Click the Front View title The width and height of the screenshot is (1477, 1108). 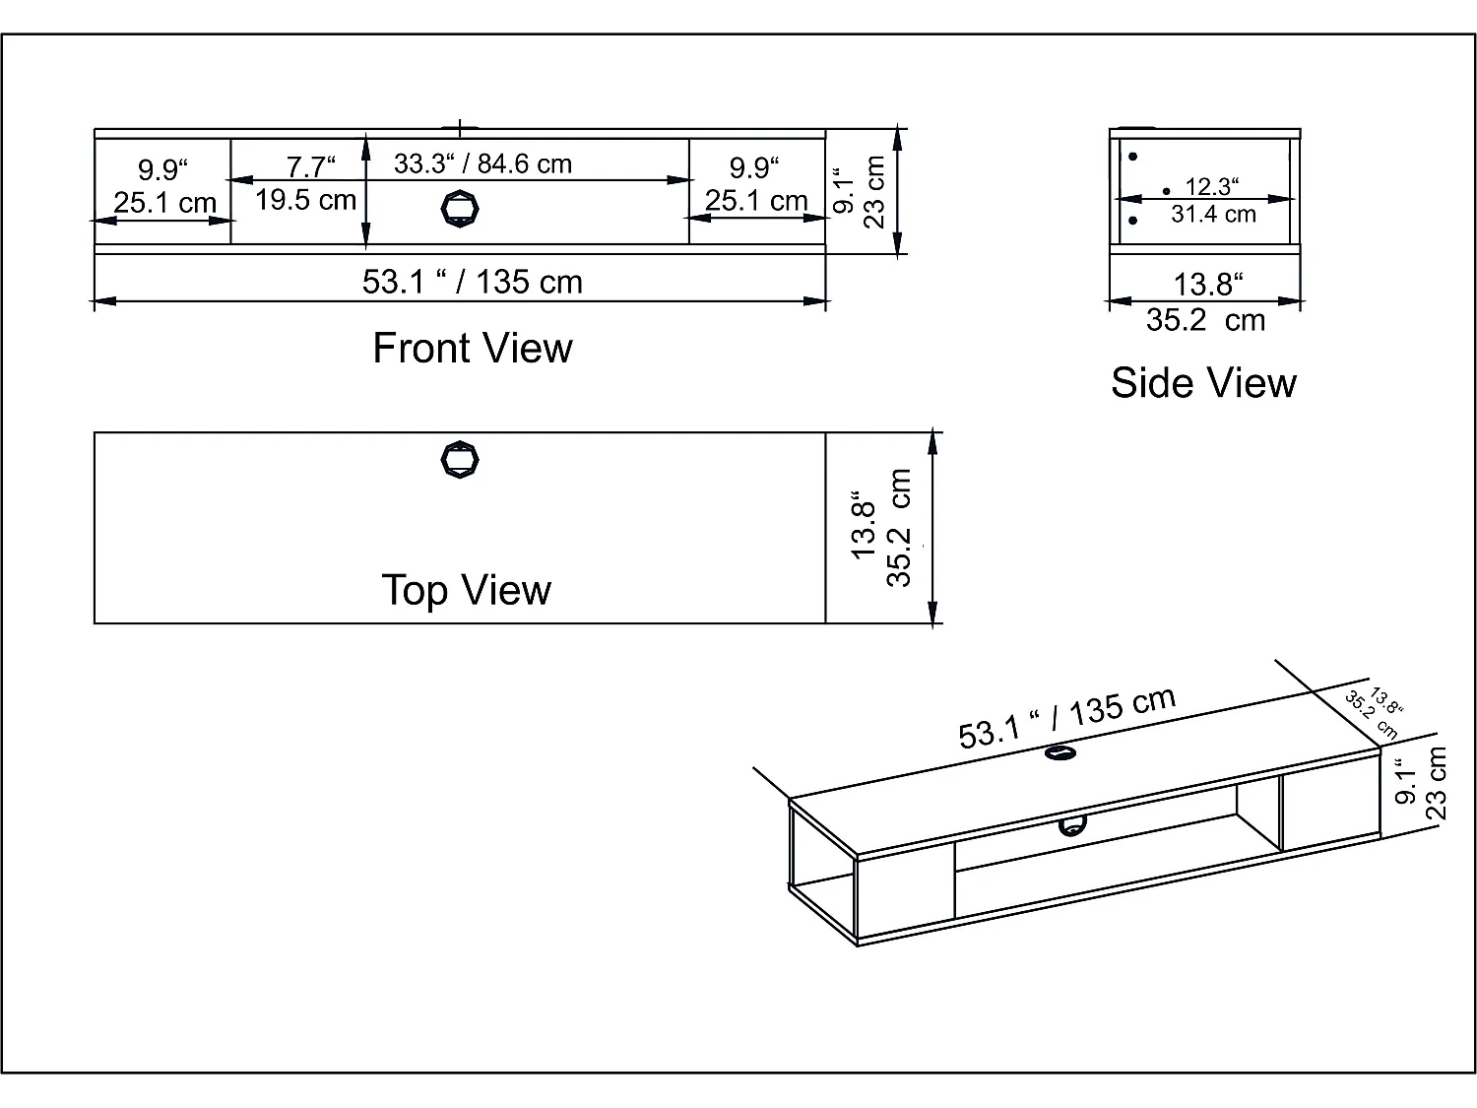473,349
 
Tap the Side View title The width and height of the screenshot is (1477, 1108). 1203,383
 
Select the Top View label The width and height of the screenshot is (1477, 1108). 466,591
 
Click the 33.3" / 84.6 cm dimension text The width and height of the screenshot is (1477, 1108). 482,163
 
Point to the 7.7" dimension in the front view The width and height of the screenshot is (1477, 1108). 310,167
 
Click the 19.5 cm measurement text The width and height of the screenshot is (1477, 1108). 305,200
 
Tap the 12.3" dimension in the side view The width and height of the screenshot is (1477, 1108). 1211,186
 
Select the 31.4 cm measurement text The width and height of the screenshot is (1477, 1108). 1213,214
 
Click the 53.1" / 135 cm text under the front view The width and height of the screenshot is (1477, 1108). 473,283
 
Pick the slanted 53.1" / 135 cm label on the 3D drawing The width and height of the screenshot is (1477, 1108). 1066,718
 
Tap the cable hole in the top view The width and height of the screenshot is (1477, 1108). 460,459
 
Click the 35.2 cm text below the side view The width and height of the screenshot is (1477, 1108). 1205,320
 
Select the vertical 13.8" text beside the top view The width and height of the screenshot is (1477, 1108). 864,525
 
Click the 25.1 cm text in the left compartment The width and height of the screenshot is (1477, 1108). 164,203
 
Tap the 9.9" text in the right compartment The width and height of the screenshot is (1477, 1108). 755,168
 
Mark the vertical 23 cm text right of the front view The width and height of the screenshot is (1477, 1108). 874,192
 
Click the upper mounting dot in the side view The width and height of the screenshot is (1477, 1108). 1133,157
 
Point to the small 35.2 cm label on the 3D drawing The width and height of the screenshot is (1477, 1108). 1372,716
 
